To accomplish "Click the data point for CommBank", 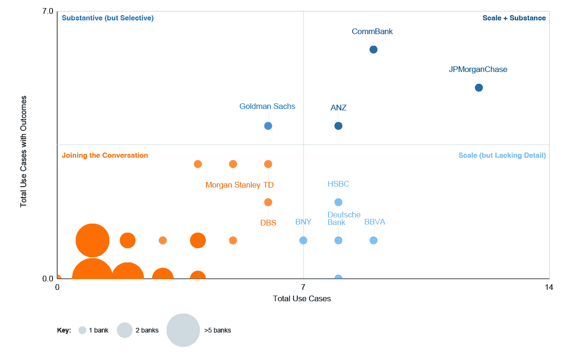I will [373, 49].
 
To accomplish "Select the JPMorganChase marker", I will [479, 88].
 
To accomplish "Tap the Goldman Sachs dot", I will [268, 126].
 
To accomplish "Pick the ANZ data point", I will [338, 126].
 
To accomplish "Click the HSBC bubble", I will [338, 202].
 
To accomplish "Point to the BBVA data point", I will [373, 240].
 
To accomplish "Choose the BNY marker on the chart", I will [303, 240].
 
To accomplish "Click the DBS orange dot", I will [268, 202].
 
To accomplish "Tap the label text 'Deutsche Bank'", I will [344, 218].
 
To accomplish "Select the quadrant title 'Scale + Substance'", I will [514, 18].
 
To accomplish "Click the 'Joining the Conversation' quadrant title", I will [105, 155].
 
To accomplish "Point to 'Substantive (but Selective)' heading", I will [108, 18].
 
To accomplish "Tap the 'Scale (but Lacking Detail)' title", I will [502, 155].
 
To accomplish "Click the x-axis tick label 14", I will [549, 287].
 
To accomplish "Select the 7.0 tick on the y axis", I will [47, 11].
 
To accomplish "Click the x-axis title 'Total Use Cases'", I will [302, 299].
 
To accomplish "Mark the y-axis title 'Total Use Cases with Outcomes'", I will [23, 152].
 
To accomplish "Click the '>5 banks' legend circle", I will [183, 330].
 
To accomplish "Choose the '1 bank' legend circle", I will [82, 330].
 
